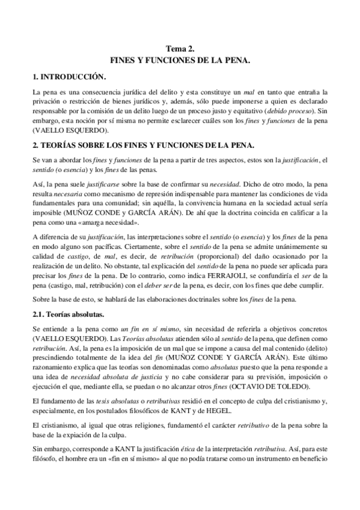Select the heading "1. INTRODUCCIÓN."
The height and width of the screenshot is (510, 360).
point(70,77)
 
